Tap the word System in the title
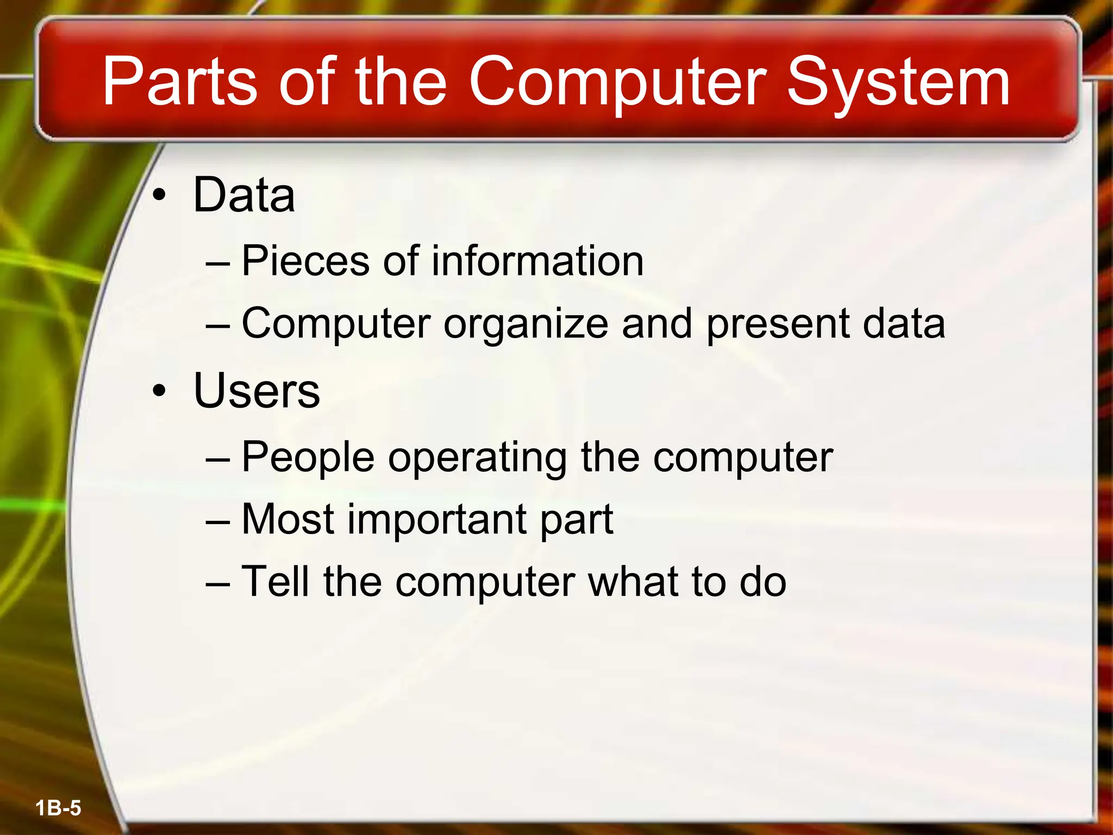[x=898, y=83]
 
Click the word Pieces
[x=305, y=261]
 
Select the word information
[x=537, y=261]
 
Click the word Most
[x=287, y=519]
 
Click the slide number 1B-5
[x=58, y=808]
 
